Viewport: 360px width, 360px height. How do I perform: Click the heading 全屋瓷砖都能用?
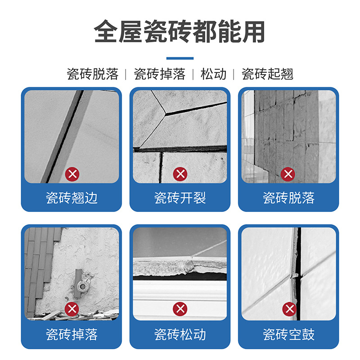(x=180, y=31)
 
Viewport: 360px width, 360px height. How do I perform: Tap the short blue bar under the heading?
(x=180, y=58)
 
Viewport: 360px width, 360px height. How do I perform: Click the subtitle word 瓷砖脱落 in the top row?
(x=92, y=74)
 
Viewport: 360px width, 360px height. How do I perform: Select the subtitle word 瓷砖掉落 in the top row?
(x=159, y=74)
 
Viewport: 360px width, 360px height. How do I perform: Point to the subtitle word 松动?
(x=213, y=74)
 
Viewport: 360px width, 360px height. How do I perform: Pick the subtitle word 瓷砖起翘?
(x=267, y=74)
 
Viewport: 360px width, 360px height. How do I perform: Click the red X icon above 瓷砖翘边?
(x=72, y=174)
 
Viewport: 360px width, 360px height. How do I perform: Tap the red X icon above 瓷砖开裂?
(x=180, y=174)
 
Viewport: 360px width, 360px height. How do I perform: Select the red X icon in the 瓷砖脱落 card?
(x=288, y=174)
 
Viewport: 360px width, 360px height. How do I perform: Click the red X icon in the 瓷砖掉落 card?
(x=72, y=309)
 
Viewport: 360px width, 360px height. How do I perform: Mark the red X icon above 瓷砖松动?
(x=180, y=309)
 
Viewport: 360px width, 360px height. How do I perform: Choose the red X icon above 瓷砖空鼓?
(x=288, y=309)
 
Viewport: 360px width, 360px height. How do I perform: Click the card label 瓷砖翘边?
(x=72, y=198)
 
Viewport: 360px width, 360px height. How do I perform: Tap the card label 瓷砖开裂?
(x=180, y=198)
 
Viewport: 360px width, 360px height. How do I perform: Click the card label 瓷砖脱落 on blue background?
(x=288, y=198)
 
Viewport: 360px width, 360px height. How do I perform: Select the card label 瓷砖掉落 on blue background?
(x=72, y=334)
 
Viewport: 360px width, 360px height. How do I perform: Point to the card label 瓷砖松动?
(x=180, y=334)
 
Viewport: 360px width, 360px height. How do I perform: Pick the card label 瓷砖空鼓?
(x=288, y=334)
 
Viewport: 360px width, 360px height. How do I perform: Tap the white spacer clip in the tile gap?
(x=296, y=273)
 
